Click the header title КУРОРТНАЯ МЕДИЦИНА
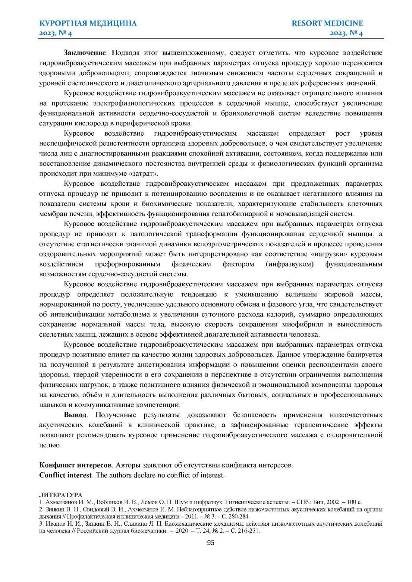[88, 23]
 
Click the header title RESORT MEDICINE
[327, 23]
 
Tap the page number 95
[210, 543]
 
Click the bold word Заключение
[85, 53]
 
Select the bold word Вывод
[75, 415]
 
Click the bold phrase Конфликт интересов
[75, 465]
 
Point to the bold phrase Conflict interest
[65, 475]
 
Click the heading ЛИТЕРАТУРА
[61, 495]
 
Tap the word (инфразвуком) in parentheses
[290, 264]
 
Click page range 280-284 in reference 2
[240, 516]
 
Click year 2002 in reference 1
[333, 502]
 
